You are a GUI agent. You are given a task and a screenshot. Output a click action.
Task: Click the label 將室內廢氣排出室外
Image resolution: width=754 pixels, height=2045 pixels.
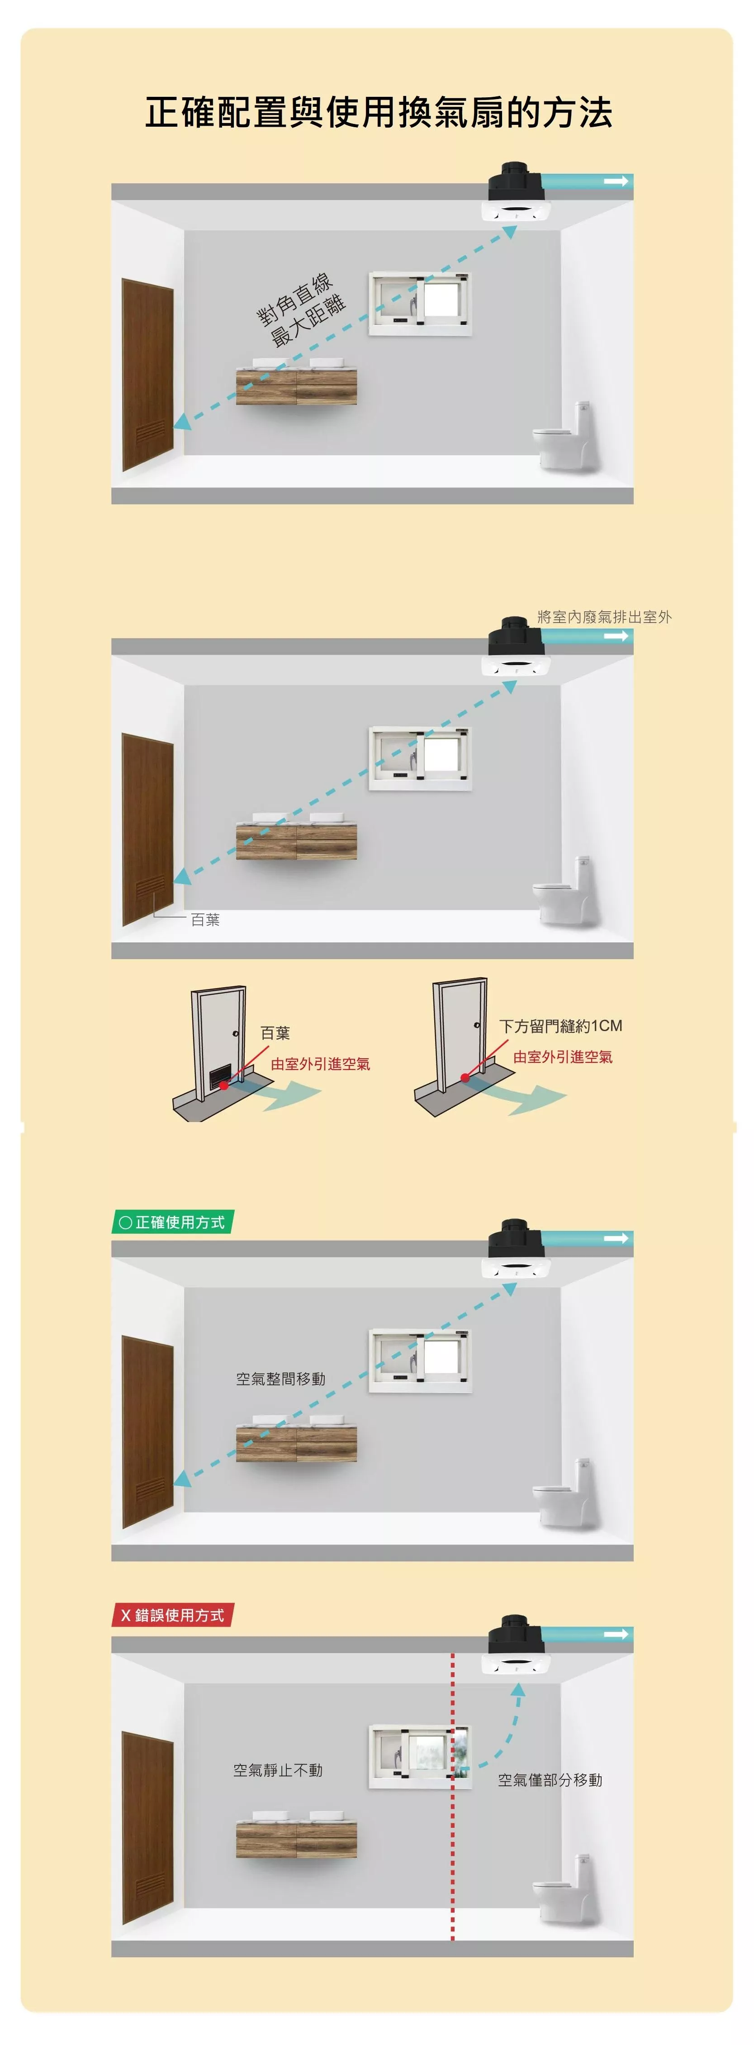pyautogui.click(x=604, y=616)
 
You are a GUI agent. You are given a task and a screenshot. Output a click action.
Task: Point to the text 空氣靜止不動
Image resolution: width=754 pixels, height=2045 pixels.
pyautogui.click(x=278, y=1770)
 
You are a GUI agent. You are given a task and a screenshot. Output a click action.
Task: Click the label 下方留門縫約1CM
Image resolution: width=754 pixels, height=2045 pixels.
pyautogui.click(x=560, y=1026)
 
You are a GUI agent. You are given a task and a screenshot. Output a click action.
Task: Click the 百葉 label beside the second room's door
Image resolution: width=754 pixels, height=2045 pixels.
pyautogui.click(x=205, y=919)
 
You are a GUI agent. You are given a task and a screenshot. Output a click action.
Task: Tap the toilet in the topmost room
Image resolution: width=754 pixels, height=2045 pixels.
pyautogui.click(x=565, y=437)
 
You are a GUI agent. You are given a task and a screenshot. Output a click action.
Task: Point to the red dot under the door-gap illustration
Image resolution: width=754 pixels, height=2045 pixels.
pyautogui.click(x=465, y=1077)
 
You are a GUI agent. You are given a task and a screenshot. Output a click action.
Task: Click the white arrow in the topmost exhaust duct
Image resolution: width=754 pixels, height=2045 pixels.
pyautogui.click(x=616, y=181)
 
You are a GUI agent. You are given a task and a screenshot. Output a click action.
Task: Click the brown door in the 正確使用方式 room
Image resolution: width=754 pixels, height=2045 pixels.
pyautogui.click(x=147, y=1431)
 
